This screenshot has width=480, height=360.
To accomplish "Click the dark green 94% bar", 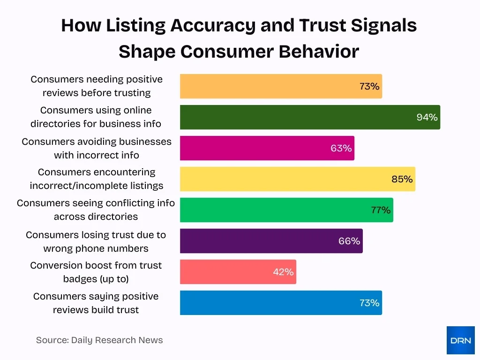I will click(x=309, y=117).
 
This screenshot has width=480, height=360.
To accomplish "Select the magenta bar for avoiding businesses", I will click(x=267, y=148).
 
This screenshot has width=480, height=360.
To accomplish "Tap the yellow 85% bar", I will click(x=297, y=179).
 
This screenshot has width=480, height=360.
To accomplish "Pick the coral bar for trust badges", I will click(x=238, y=272).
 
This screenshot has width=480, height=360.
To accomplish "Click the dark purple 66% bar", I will click(x=271, y=241).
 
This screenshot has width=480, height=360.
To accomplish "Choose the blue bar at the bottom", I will click(x=280, y=303).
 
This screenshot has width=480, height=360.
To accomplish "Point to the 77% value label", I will click(x=381, y=210).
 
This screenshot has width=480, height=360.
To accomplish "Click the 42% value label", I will click(x=283, y=272).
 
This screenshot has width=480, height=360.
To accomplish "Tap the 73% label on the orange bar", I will click(x=369, y=86).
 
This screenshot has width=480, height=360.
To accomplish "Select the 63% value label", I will click(x=341, y=148).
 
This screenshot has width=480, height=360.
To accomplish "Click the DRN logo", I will click(x=460, y=340).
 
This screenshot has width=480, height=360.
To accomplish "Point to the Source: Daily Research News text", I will click(x=99, y=340).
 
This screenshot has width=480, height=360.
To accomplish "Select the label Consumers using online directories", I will click(x=96, y=117).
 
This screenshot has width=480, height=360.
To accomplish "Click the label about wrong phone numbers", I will click(x=96, y=241).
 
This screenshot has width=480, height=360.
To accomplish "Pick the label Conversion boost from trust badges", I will click(x=96, y=272).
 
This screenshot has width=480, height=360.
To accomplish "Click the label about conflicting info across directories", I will click(x=96, y=210).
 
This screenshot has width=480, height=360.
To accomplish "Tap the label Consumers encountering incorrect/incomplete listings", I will click(x=97, y=179).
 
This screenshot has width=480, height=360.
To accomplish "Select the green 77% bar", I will click(x=286, y=210).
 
